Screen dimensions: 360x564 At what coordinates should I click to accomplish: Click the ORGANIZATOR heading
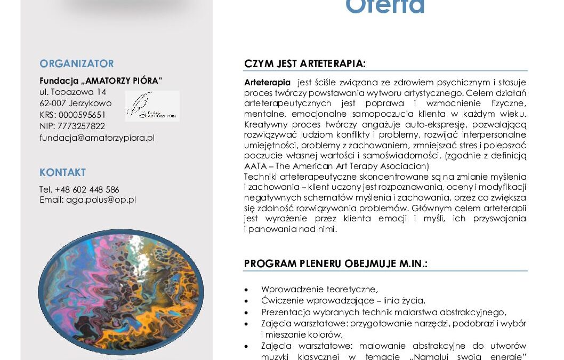(77, 63)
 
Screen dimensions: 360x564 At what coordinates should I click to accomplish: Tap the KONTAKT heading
(62, 172)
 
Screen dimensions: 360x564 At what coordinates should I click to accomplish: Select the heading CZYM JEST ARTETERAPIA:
(305, 63)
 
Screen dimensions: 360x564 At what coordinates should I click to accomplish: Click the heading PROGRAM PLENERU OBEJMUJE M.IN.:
(336, 264)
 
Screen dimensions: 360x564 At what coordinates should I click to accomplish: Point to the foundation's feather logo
(152, 106)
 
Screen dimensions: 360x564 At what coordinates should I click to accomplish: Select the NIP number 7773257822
(80, 126)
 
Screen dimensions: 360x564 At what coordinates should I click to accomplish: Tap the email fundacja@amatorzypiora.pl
(97, 138)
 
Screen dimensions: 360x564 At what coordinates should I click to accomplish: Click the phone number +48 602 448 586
(87, 189)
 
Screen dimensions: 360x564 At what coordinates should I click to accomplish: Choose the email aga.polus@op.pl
(101, 200)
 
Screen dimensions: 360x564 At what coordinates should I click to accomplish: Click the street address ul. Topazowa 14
(73, 92)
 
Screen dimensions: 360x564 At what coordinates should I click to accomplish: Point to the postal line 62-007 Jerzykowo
(75, 103)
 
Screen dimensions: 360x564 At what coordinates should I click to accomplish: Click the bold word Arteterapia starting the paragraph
(268, 82)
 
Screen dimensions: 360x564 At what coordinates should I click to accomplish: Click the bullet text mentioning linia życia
(343, 301)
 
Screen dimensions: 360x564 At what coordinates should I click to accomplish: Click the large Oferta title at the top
(385, 7)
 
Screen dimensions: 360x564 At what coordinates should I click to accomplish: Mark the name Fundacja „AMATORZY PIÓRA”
(101, 81)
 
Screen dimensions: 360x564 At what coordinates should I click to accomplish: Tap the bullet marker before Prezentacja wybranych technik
(246, 313)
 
